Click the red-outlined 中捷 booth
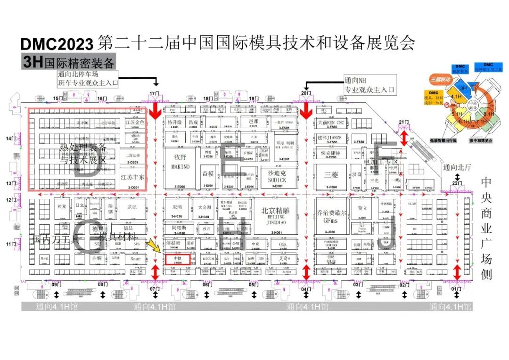tap(177, 259)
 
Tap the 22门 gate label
tap(455, 183)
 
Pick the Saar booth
tap(135, 259)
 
